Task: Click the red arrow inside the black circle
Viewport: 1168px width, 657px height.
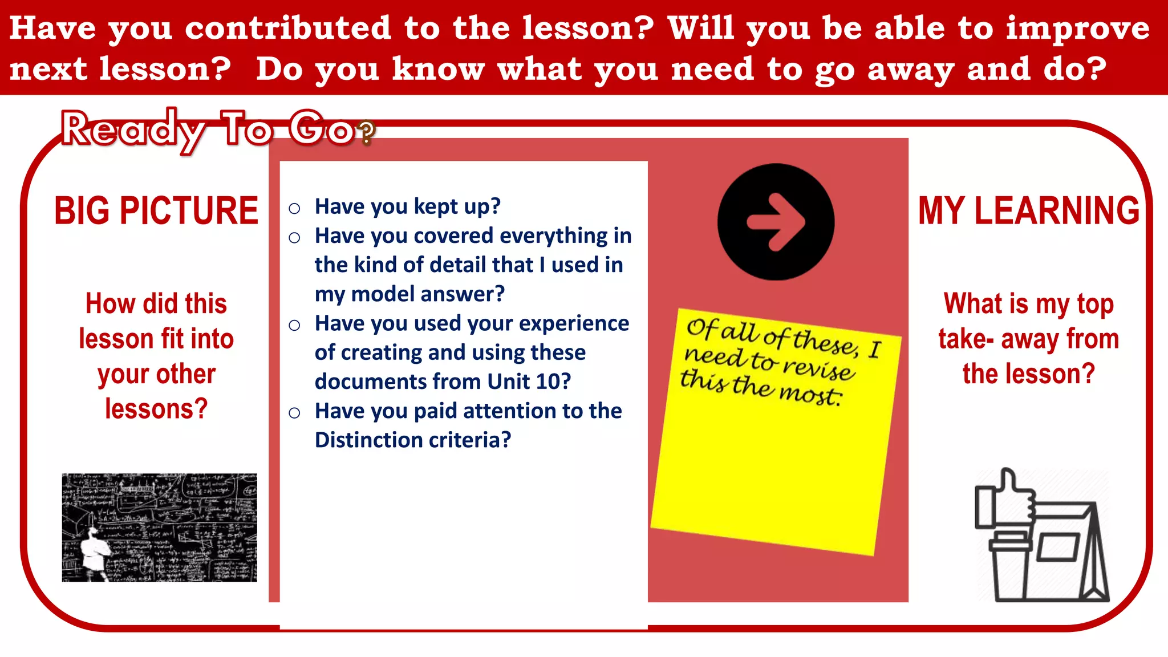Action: coord(776,222)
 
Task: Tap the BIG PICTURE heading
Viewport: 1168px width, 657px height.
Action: coord(156,211)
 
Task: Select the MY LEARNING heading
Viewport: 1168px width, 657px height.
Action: coord(1028,211)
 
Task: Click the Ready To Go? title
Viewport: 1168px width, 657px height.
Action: coord(217,130)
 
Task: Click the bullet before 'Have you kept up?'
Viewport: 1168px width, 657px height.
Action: coord(294,208)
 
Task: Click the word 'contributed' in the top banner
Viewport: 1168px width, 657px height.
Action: coord(288,28)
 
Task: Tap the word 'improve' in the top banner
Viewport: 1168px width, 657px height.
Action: coord(1077,28)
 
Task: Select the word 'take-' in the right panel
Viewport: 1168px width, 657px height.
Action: coord(966,339)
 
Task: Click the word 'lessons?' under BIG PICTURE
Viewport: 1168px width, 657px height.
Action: coord(156,409)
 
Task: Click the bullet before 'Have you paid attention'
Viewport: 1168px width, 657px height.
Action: coord(294,413)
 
